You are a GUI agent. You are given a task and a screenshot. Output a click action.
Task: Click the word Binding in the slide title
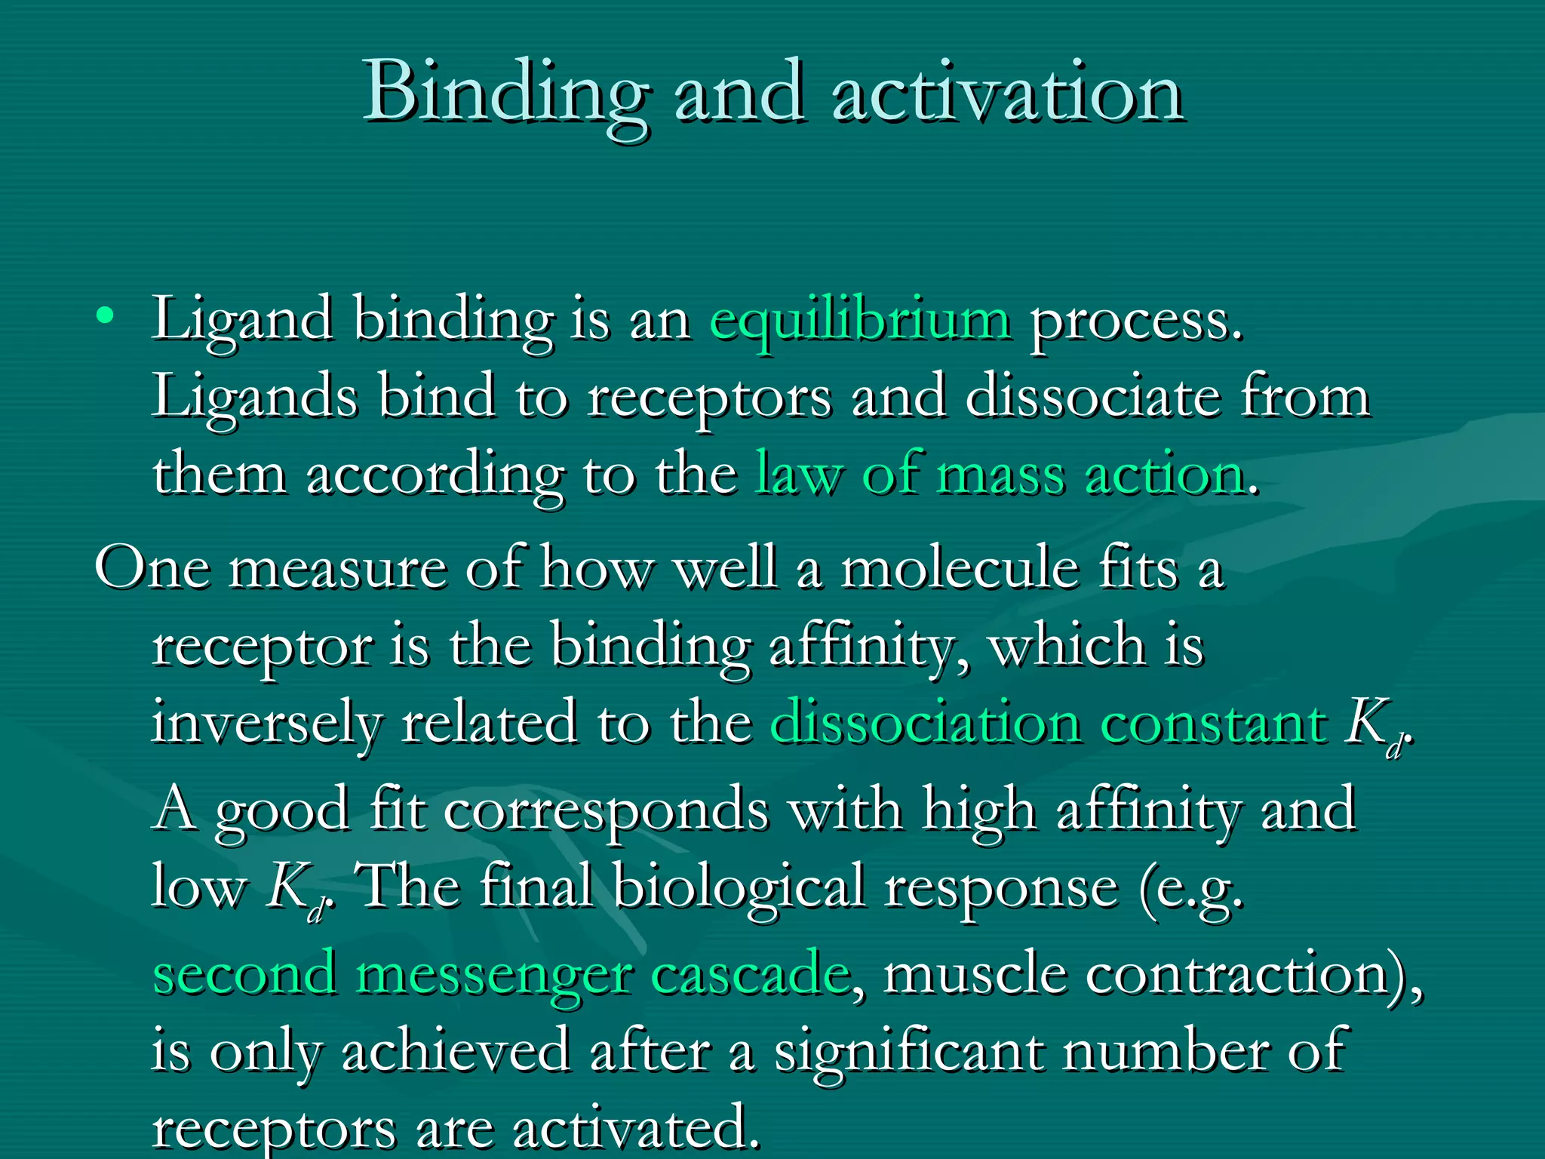[505, 94]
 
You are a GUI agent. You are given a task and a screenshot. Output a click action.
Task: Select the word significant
[909, 1052]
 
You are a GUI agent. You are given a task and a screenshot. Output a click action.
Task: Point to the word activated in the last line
[635, 1129]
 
